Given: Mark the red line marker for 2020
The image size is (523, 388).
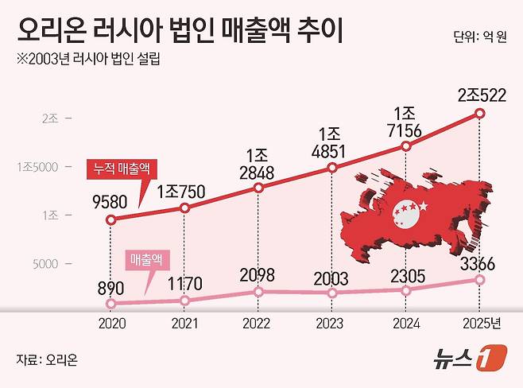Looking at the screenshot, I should click(111, 219).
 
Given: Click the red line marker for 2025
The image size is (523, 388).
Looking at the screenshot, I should click(479, 114).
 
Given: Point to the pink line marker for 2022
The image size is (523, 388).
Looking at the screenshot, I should click(259, 291).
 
